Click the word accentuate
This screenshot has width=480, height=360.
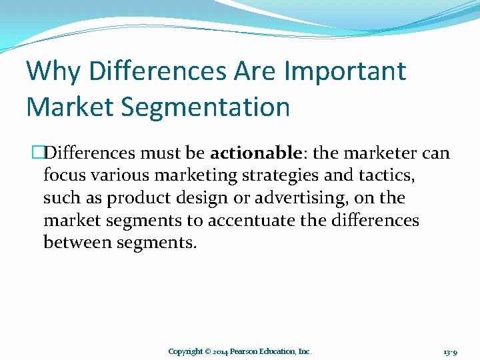tap(263, 221)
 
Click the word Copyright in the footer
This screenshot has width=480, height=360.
tap(186, 351)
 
